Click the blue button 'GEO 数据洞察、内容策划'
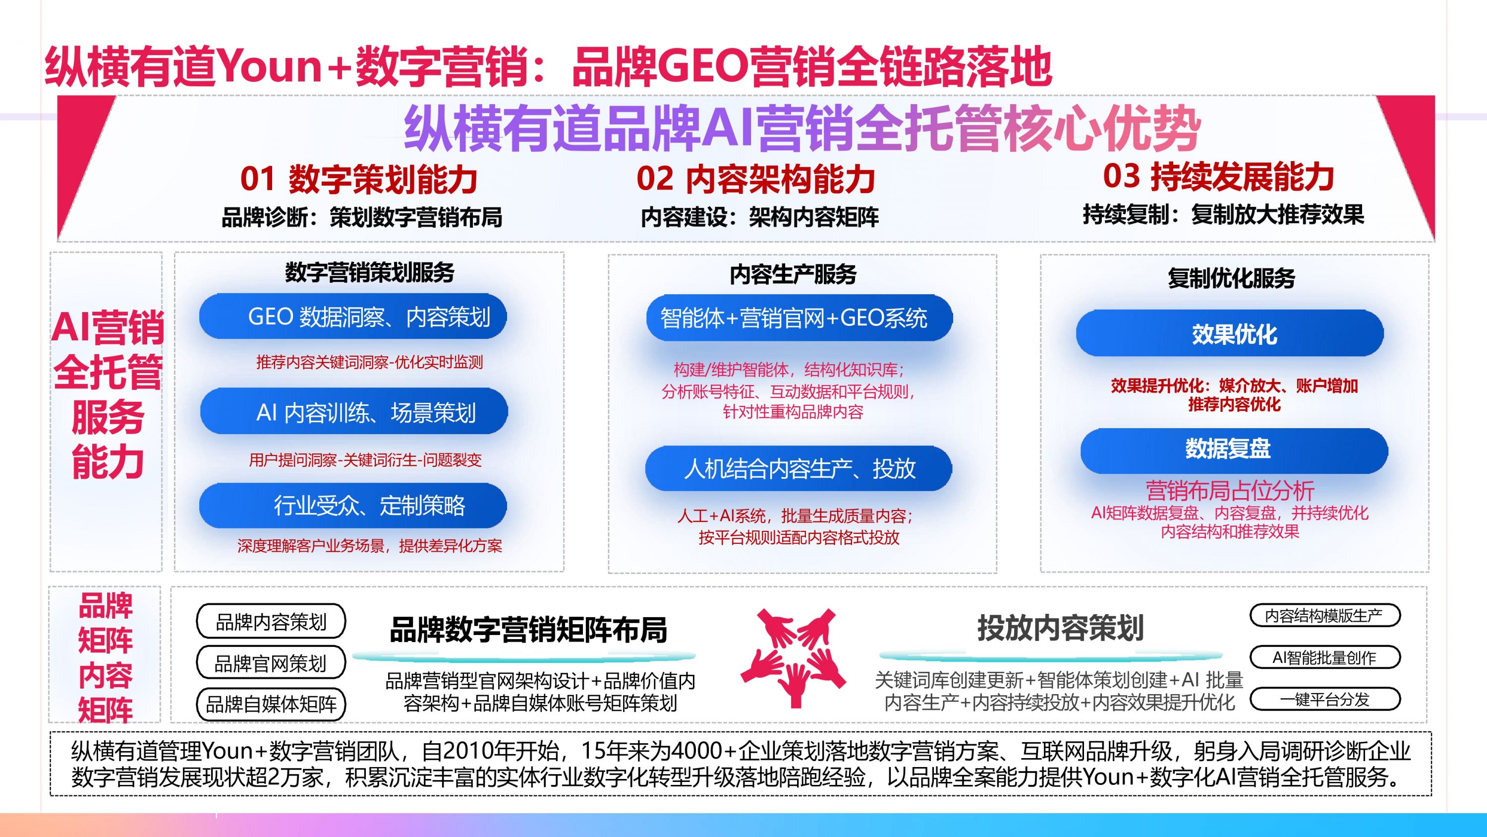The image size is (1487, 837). click(353, 317)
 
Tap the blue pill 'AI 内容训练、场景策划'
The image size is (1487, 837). click(354, 412)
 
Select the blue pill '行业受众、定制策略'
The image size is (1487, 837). click(353, 506)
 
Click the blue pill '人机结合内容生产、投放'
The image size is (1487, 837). click(799, 468)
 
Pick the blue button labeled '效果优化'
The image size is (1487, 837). click(1230, 334)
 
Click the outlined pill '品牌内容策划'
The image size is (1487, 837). click(271, 622)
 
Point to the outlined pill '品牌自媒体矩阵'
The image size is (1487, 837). click(271, 704)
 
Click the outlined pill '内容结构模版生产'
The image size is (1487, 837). click(1325, 616)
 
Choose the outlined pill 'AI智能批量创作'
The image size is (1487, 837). click(1325, 657)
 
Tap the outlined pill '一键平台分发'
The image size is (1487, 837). click(1325, 700)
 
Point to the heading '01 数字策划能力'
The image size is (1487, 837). click(358, 179)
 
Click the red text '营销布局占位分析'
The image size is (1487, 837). click(1230, 490)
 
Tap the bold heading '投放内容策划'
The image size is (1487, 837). click(1060, 628)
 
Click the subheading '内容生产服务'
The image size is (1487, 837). click(793, 274)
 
